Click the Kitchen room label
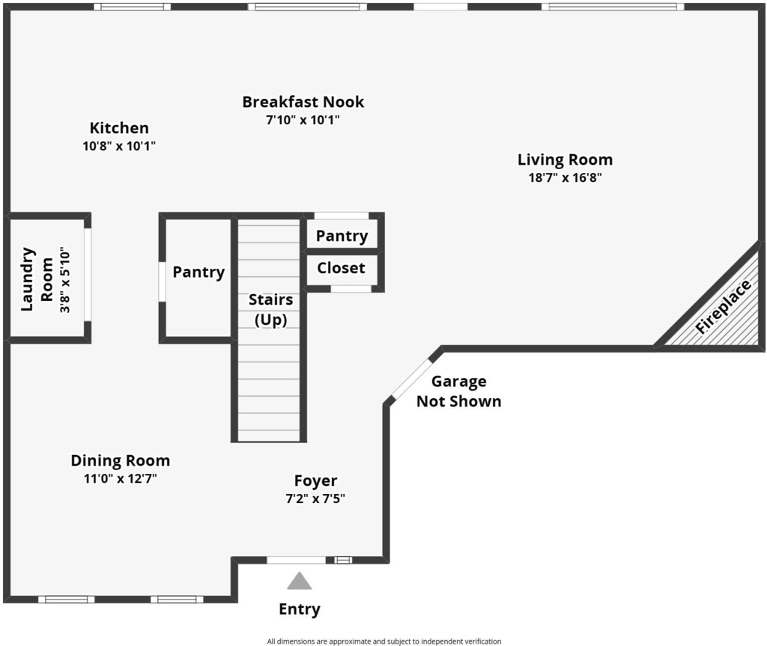click(x=119, y=128)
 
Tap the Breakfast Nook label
click(x=303, y=102)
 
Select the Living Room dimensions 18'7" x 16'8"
click(x=565, y=177)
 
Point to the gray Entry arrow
click(x=300, y=581)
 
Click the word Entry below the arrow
click(x=300, y=609)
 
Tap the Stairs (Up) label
click(x=270, y=309)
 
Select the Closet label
click(x=341, y=268)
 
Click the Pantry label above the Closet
click(x=342, y=237)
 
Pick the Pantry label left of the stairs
click(x=198, y=272)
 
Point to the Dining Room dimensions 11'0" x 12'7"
click(x=121, y=478)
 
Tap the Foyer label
click(x=315, y=481)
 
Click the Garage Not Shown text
click(x=459, y=391)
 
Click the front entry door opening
click(x=296, y=560)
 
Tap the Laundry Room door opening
click(x=88, y=275)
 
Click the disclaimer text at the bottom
click(x=384, y=641)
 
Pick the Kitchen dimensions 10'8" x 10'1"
click(x=119, y=146)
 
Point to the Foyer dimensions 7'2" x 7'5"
click(x=315, y=499)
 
